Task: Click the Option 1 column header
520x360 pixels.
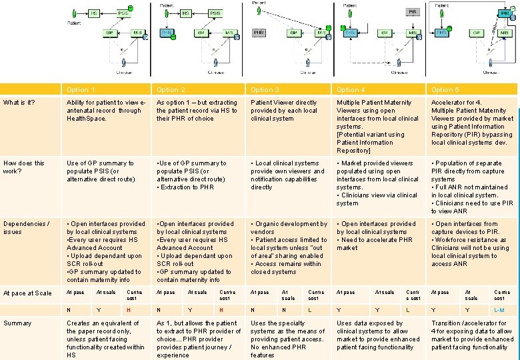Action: (x=81, y=89)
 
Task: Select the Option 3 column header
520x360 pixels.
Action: (x=265, y=89)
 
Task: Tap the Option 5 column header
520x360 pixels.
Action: (x=445, y=89)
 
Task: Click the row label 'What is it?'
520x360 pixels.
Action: (x=19, y=102)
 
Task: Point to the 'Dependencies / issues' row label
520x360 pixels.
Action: (x=26, y=228)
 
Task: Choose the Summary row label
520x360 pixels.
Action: (x=17, y=323)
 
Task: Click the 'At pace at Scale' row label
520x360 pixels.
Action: (x=27, y=293)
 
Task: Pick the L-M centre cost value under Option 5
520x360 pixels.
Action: (x=499, y=310)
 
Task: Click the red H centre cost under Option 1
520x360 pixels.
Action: (x=128, y=310)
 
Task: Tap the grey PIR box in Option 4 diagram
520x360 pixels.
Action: (x=413, y=11)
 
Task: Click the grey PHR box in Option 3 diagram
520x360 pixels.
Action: (x=259, y=32)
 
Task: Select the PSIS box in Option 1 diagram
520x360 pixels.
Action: (x=124, y=13)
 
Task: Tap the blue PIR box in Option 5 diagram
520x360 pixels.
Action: (x=441, y=32)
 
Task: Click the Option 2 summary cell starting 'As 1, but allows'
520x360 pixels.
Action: (x=198, y=339)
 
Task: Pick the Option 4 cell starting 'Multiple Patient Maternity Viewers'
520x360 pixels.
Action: (x=377, y=127)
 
